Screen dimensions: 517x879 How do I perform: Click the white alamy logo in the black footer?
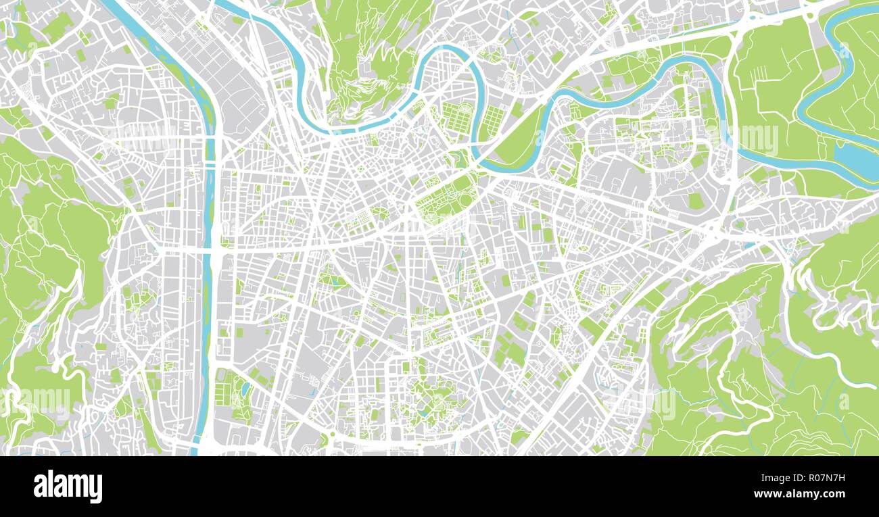68,487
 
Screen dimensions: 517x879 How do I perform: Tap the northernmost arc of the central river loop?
450,49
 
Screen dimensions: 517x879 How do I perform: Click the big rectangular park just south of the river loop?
443,199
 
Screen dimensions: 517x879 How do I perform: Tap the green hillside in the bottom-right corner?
764,378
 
